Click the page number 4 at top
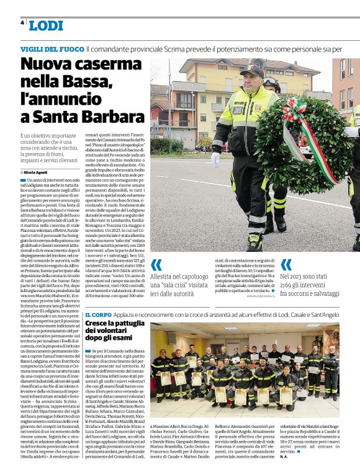[22, 22]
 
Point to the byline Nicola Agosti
[39, 171]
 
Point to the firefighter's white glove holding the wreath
[215, 159]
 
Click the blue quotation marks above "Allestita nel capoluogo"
[156, 265]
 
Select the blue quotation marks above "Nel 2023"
[286, 265]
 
